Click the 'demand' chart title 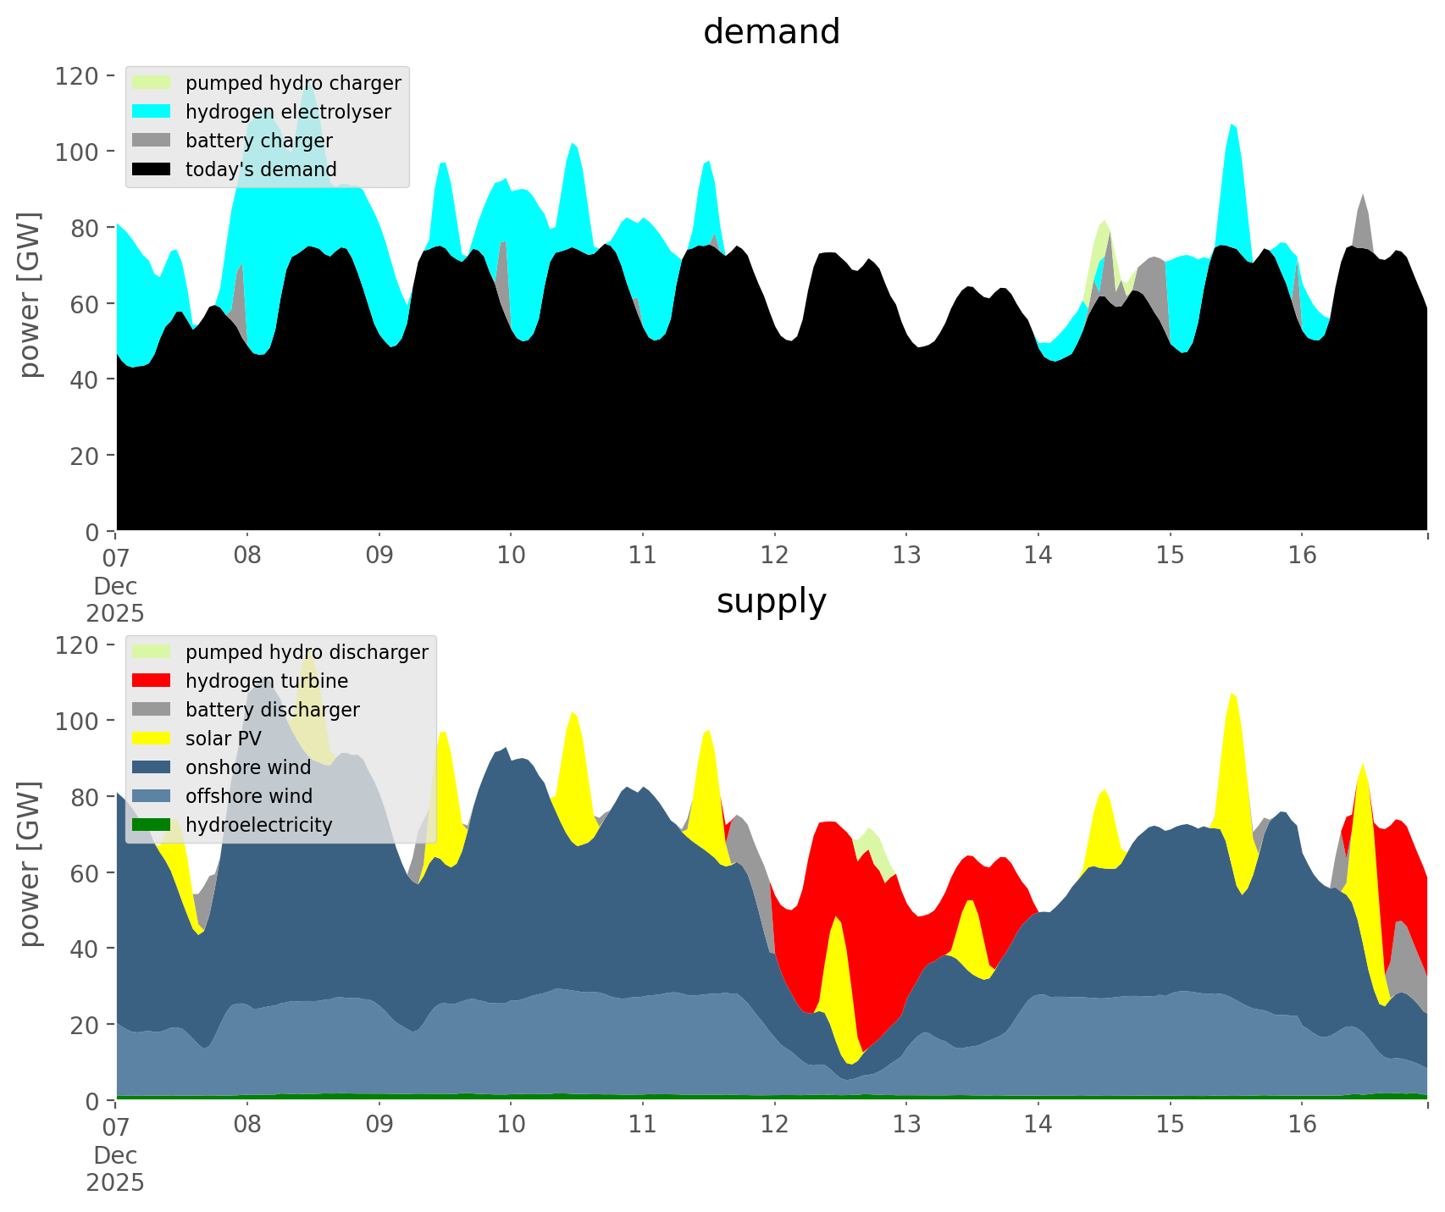tap(771, 32)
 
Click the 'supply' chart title tap(771, 601)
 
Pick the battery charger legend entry tap(258, 141)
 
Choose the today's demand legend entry tap(261, 169)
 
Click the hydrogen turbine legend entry tap(266, 681)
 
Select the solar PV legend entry tap(223, 739)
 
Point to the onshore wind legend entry tap(248, 767)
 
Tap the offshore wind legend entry tap(248, 796)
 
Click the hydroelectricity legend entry tap(258, 825)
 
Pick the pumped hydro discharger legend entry tap(306, 652)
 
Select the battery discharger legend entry tap(272, 710)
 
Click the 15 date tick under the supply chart tap(1170, 1125)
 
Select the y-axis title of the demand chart tap(30, 295)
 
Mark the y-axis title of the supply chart tap(30, 864)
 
